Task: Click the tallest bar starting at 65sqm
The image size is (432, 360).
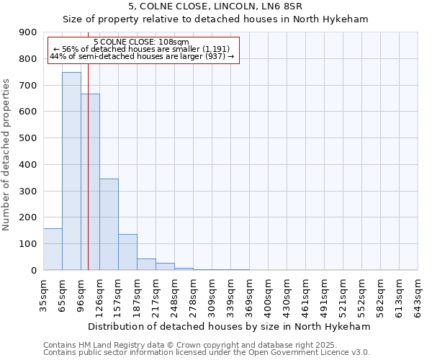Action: pyautogui.click(x=71, y=171)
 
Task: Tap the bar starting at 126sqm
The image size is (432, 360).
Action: pyautogui.click(x=109, y=224)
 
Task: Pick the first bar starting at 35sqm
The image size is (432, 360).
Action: pyautogui.click(x=53, y=249)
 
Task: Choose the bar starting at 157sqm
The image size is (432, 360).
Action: pyautogui.click(x=127, y=252)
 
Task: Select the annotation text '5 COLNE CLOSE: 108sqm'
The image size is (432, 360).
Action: pyautogui.click(x=141, y=42)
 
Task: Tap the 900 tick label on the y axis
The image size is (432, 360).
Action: pyautogui.click(x=28, y=32)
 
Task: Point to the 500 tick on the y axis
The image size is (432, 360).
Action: pyautogui.click(x=28, y=138)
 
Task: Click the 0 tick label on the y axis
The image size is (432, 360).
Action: pyautogui.click(x=33, y=270)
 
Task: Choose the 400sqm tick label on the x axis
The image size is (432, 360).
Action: pyautogui.click(x=268, y=292)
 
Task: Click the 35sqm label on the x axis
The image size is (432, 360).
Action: pyautogui.click(x=43, y=292)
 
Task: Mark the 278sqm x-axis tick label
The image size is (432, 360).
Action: pyautogui.click(x=193, y=292)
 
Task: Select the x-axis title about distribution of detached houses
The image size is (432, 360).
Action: pyautogui.click(x=230, y=326)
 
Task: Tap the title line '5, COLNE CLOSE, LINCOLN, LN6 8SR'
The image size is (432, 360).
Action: pyautogui.click(x=215, y=6)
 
